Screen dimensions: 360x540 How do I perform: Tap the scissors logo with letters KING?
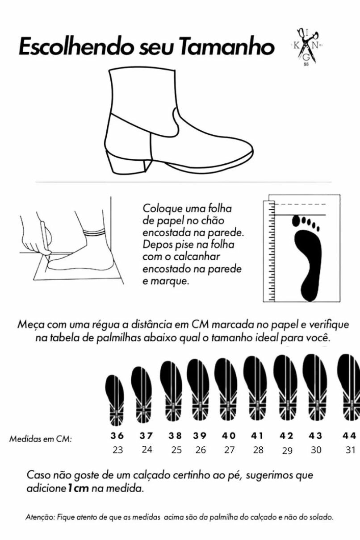click(x=307, y=46)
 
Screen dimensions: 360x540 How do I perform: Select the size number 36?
click(x=117, y=436)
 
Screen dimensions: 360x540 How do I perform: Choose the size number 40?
click(x=229, y=436)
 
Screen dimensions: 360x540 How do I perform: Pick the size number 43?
click(x=316, y=436)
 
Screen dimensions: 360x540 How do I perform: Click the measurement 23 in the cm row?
click(x=118, y=450)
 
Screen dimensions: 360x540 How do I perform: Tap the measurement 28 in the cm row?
click(x=258, y=450)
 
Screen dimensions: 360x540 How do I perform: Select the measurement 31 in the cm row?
click(x=350, y=450)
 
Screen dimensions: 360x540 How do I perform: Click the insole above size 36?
click(x=115, y=401)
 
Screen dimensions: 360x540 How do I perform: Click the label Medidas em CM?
click(x=41, y=439)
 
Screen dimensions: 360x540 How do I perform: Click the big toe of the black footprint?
click(x=296, y=221)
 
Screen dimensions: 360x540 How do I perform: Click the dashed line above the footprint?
click(x=301, y=204)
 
